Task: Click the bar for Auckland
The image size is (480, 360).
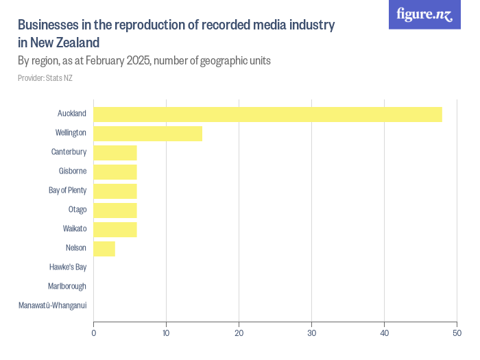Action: coord(267,114)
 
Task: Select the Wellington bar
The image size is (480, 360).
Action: coord(148,133)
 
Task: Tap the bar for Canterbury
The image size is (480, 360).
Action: coord(115,152)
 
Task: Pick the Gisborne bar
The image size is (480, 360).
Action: coord(115,171)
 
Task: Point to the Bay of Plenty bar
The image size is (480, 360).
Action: coord(115,191)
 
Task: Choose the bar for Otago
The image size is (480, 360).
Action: coord(115,210)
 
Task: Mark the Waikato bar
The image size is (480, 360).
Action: coord(115,229)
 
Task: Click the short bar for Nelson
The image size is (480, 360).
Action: coord(104,248)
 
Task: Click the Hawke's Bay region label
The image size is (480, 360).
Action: coord(68,267)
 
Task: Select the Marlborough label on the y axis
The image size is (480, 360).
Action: coord(67,286)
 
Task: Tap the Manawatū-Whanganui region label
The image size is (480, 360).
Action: coord(53,305)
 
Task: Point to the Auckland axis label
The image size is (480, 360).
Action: coord(72,113)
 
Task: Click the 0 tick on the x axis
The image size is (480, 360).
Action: coord(94,334)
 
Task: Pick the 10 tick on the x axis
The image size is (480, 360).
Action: coord(166,334)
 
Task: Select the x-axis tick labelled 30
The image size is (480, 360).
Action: coord(311,334)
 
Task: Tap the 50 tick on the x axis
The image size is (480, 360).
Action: coord(457,334)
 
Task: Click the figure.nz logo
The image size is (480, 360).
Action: coord(424,14)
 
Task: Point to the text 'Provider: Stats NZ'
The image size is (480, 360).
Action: coord(45,78)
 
